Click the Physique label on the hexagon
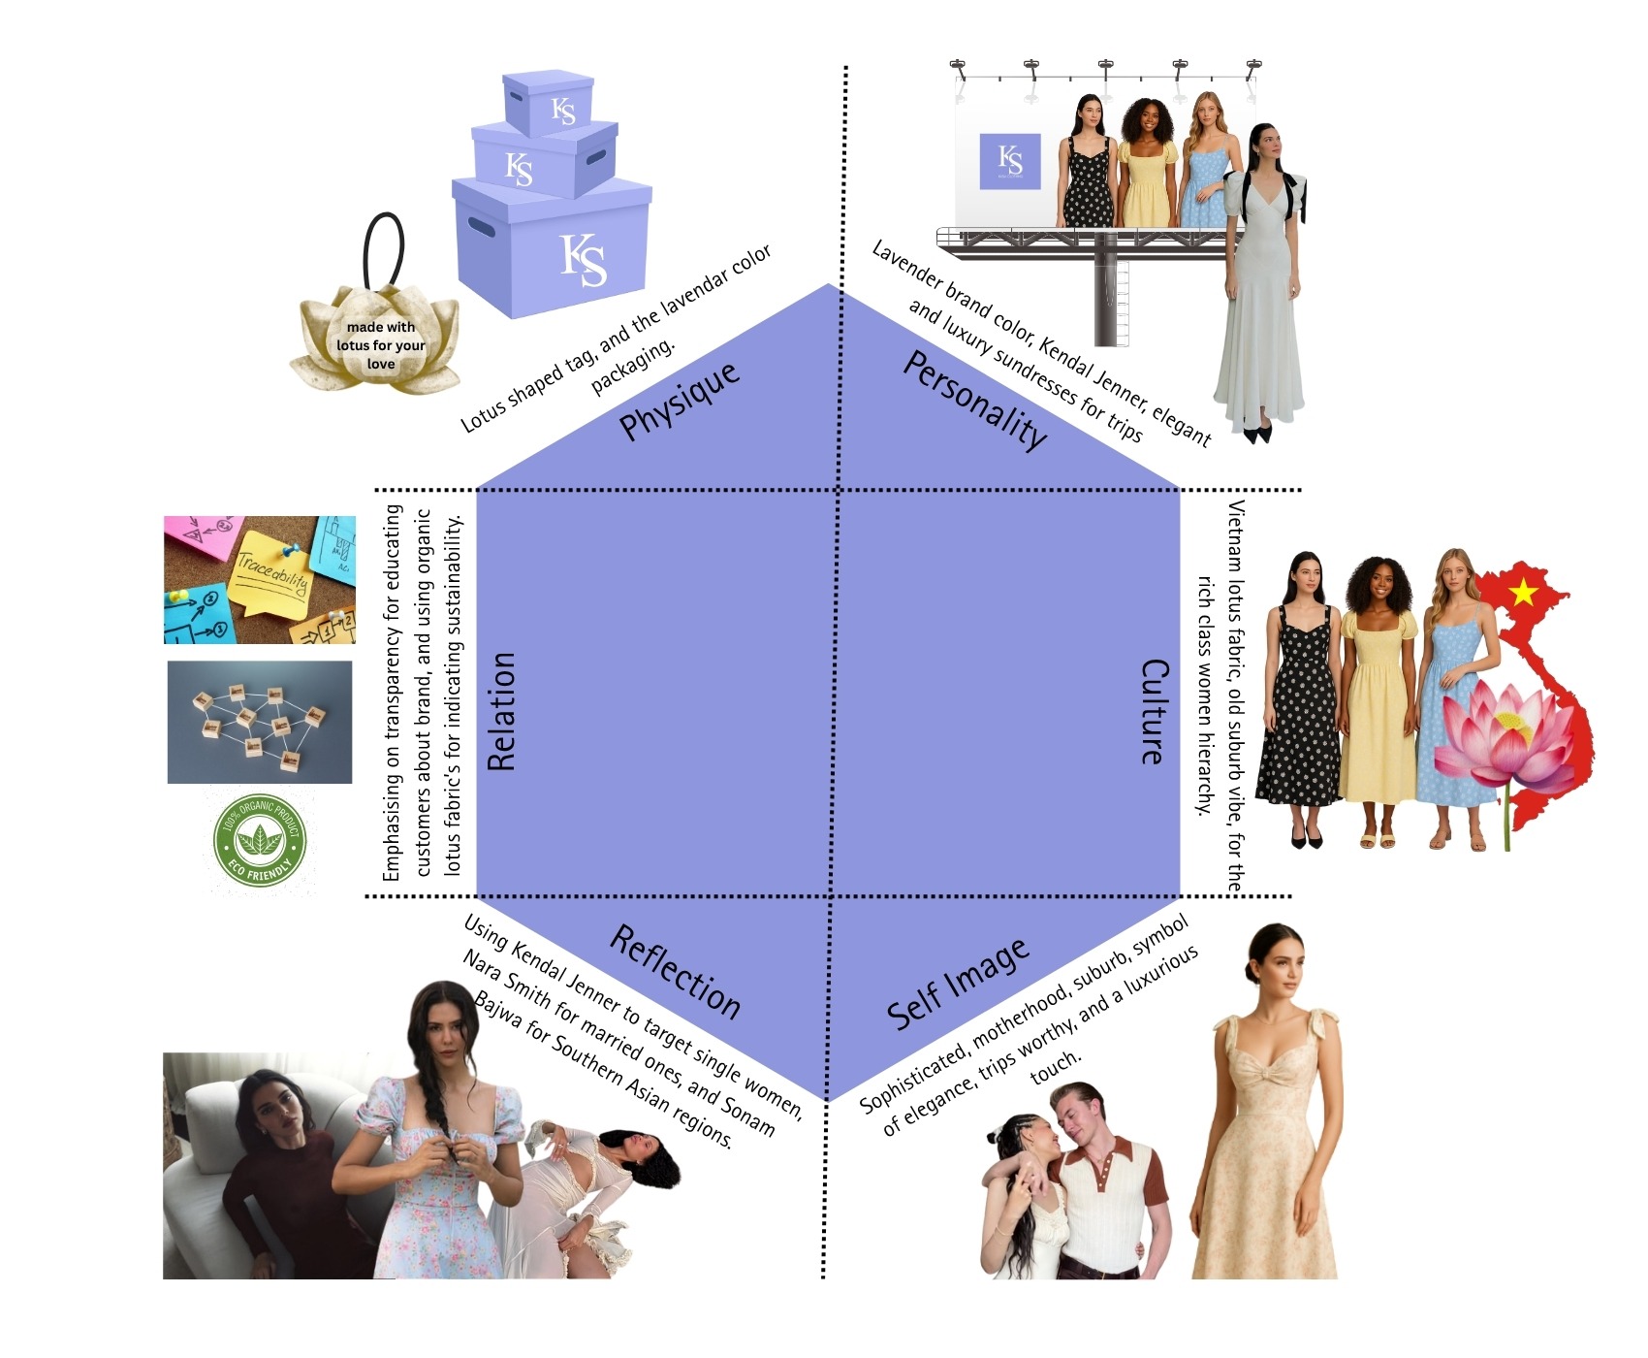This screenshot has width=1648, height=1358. (680, 401)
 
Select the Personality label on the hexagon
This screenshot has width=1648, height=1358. (974, 400)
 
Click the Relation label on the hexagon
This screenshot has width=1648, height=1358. (501, 711)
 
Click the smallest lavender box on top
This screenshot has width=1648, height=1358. (548, 102)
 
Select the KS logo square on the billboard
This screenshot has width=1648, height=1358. (1009, 161)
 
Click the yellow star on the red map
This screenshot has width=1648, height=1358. (1523, 591)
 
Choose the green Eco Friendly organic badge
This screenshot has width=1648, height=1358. (259, 840)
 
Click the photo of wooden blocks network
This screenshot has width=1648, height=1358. (260, 723)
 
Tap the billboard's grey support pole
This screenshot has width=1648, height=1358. (1105, 291)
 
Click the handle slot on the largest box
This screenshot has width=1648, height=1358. (482, 227)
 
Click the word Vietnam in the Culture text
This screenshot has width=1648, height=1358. (1236, 539)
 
